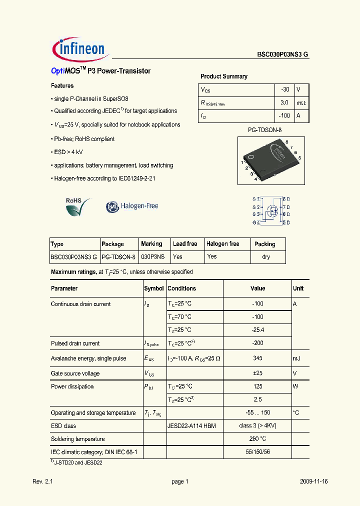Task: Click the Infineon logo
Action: coord(78,48)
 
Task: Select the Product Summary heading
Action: coord(223,76)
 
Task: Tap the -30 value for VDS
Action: coord(284,89)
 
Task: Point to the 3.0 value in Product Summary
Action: coord(284,102)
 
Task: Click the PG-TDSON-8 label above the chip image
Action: coord(268,129)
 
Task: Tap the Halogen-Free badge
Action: coord(132,206)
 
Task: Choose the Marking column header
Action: coord(151,244)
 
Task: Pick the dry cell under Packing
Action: coord(266,257)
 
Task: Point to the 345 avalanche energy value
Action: coord(257,358)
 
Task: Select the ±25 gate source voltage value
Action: coord(257,373)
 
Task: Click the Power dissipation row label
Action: coord(72,386)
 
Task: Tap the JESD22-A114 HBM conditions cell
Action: coord(191,426)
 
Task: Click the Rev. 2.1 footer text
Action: coord(42,481)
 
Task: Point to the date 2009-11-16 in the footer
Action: coord(314,481)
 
